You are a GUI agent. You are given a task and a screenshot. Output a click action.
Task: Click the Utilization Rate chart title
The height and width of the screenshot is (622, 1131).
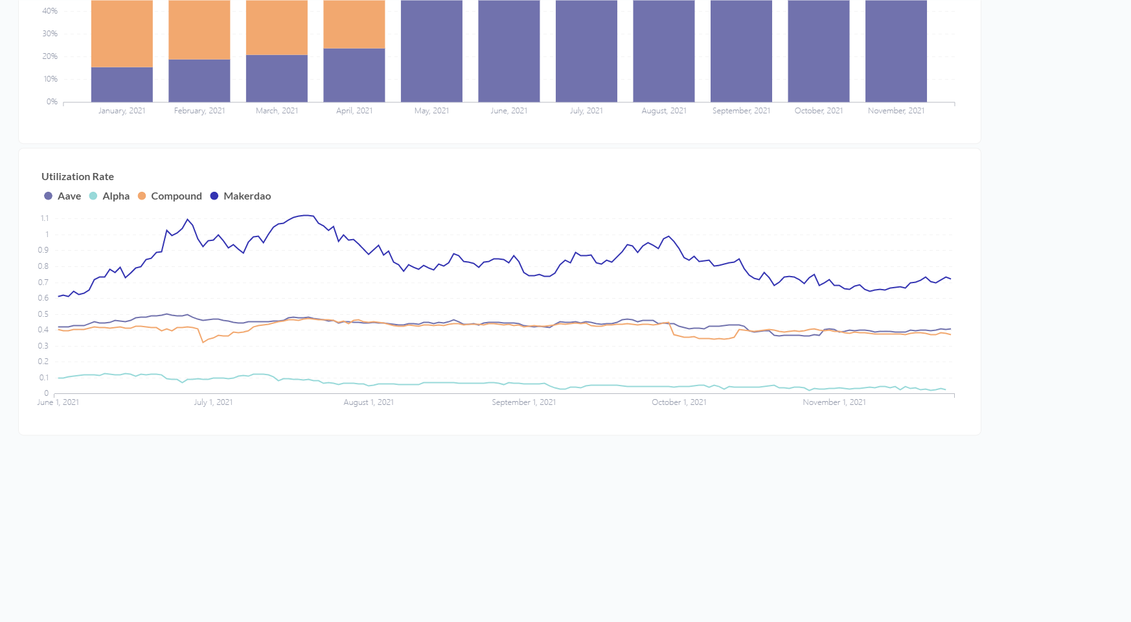(x=78, y=177)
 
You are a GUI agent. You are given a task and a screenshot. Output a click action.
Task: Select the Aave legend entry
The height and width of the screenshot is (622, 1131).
(x=63, y=196)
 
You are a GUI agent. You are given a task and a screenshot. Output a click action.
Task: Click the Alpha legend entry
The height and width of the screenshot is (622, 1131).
(x=109, y=196)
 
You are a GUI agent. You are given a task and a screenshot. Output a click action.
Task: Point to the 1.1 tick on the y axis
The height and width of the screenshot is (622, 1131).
(x=45, y=218)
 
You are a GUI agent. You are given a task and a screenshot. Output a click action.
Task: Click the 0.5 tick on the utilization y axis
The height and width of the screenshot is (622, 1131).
(x=43, y=314)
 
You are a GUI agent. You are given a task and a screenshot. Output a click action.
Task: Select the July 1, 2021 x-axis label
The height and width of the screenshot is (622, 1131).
(x=213, y=402)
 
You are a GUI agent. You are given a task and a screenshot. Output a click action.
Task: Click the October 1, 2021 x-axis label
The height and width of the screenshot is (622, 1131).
(x=679, y=402)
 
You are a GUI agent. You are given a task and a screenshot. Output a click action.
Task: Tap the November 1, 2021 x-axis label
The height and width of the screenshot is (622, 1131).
(x=834, y=402)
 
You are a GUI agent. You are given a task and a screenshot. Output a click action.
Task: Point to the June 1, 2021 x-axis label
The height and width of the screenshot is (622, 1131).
(x=58, y=402)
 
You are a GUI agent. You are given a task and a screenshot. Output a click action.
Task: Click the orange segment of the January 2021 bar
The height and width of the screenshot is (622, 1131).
(x=122, y=32)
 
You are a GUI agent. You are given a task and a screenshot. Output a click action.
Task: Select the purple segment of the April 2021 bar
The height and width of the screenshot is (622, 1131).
(x=354, y=75)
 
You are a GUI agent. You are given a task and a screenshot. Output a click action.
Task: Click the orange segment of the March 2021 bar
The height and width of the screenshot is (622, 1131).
(x=277, y=27)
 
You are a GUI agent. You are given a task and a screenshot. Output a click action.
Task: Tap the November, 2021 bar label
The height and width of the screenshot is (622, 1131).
(x=896, y=111)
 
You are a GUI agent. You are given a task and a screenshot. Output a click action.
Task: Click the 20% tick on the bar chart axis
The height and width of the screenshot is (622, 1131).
(x=51, y=56)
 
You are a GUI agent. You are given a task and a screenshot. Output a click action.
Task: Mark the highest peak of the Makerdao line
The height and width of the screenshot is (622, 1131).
(x=306, y=215)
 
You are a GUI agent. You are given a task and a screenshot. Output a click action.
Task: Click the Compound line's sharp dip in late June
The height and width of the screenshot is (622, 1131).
(x=203, y=342)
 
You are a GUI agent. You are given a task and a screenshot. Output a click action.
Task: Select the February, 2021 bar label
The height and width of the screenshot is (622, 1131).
(x=200, y=111)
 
